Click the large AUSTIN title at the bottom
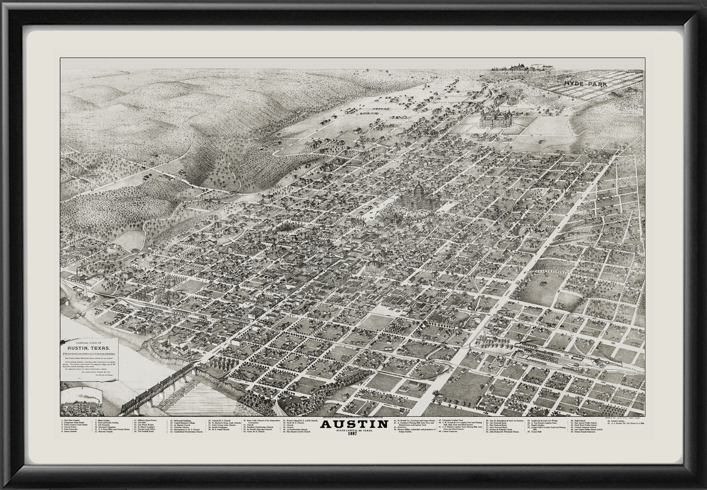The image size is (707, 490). [354, 424]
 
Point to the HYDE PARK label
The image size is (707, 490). [587, 83]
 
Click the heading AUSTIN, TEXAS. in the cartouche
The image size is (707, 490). [89, 349]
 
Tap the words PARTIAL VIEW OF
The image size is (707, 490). [89, 343]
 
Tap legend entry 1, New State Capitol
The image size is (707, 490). [73, 421]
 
